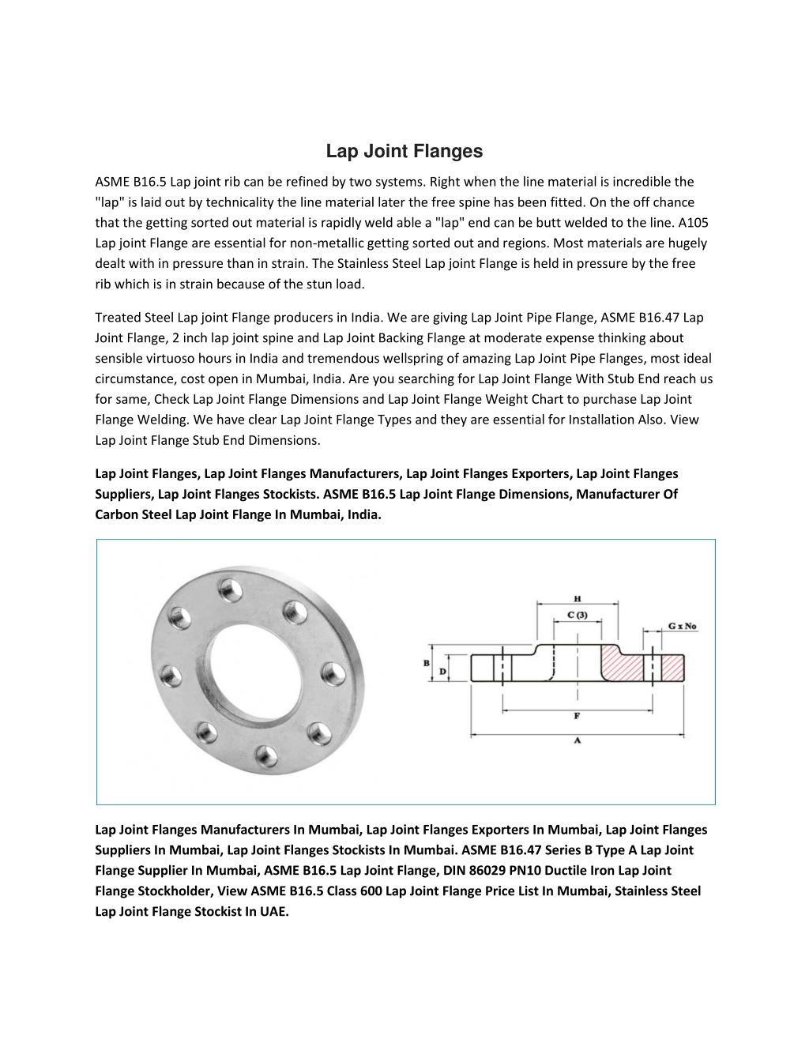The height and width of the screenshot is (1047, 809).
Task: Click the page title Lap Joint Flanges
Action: coord(404,151)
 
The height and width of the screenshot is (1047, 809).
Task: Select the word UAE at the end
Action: coord(274,912)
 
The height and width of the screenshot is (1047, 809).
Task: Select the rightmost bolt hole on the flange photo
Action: coord(328,672)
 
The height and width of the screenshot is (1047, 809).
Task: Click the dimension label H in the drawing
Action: coord(578,598)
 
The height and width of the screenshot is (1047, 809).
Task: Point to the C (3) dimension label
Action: coord(578,614)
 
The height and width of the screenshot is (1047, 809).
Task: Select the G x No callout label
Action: coord(683,626)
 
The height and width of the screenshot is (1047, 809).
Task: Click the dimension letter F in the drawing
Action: coord(578,716)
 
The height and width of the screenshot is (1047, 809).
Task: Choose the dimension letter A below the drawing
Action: coord(578,740)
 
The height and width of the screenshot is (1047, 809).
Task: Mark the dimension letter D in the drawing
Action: coord(442,671)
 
